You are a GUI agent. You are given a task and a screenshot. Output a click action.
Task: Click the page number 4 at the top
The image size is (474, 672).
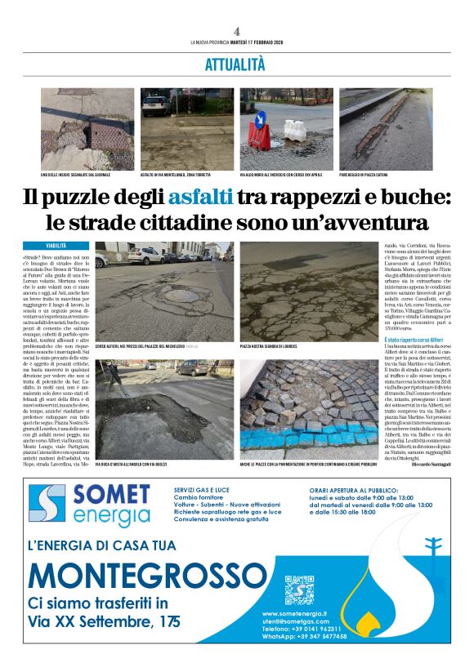(236, 31)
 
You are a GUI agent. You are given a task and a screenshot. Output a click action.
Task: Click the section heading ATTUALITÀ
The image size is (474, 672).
(235, 64)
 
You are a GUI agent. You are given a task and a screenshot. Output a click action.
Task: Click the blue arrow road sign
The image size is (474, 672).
(260, 120)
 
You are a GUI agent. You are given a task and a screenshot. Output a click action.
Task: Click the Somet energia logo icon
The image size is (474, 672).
(47, 505)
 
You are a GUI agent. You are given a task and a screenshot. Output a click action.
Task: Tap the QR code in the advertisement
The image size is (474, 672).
(299, 590)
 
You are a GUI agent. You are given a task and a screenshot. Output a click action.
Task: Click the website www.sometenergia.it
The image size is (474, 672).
(295, 613)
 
